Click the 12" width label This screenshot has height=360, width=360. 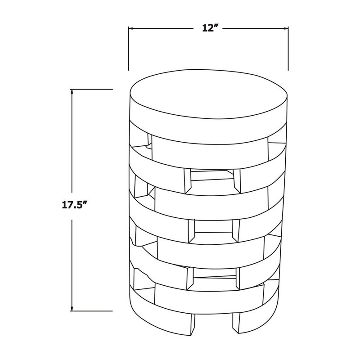click(210, 28)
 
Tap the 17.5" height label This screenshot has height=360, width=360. click(75, 205)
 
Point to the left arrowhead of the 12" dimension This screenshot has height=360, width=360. click(131, 28)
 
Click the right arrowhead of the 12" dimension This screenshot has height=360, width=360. click(286, 28)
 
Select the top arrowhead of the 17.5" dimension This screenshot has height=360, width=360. click(72, 92)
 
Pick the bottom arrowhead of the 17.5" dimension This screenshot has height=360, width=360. click(72, 308)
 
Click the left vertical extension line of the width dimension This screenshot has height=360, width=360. click(128, 49)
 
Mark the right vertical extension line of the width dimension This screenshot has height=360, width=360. click(288, 49)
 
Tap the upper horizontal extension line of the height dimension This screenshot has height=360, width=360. click(91, 89)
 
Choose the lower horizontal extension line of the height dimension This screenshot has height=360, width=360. click(91, 311)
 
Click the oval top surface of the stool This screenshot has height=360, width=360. click(208, 94)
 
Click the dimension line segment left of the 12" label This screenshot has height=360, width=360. click(161, 28)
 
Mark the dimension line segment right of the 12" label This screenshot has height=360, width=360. click(255, 28)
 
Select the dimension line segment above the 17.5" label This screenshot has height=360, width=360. click(72, 141)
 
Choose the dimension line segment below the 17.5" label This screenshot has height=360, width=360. click(72, 265)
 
